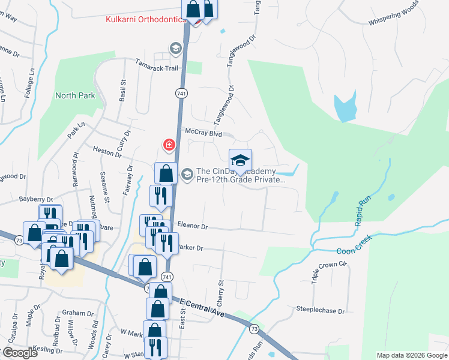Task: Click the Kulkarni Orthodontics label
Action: pyautogui.click(x=145, y=20)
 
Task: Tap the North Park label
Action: pyautogui.click(x=75, y=95)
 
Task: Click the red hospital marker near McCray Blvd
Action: pyautogui.click(x=169, y=145)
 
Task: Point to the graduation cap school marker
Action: pyautogui.click(x=240, y=160)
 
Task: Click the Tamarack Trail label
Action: pyautogui.click(x=157, y=68)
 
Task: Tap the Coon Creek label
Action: pyautogui.click(x=354, y=245)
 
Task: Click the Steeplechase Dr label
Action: pyautogui.click(x=321, y=311)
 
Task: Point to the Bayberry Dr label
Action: pyautogui.click(x=36, y=199)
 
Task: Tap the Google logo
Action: pyautogui.click(x=19, y=353)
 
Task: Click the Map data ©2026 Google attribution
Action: pyautogui.click(x=411, y=355)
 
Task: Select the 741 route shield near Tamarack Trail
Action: pyautogui.click(x=181, y=94)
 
